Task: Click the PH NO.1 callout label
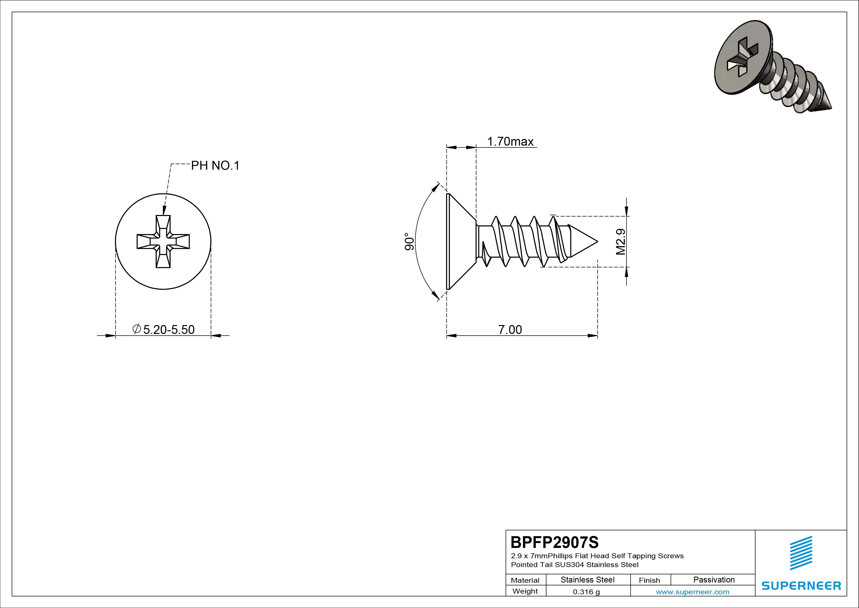pyautogui.click(x=215, y=165)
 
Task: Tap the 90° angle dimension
pyautogui.click(x=409, y=242)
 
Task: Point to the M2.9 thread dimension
pyautogui.click(x=621, y=242)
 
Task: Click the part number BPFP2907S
pyautogui.click(x=554, y=542)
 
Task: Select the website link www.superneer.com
pyautogui.click(x=692, y=592)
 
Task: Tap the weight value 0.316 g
pyautogui.click(x=586, y=592)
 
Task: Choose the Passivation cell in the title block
pyautogui.click(x=714, y=580)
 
